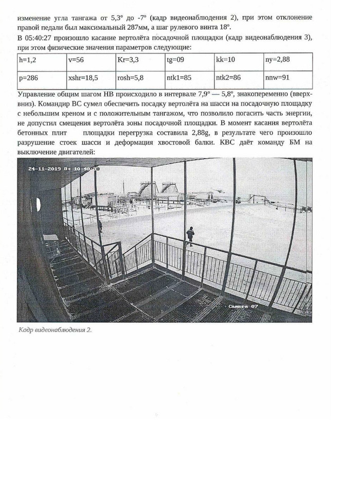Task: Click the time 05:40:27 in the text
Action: click(40, 39)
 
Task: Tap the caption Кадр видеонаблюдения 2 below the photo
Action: click(55, 330)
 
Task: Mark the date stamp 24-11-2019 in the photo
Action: click(45, 168)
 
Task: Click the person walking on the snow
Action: click(190, 235)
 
